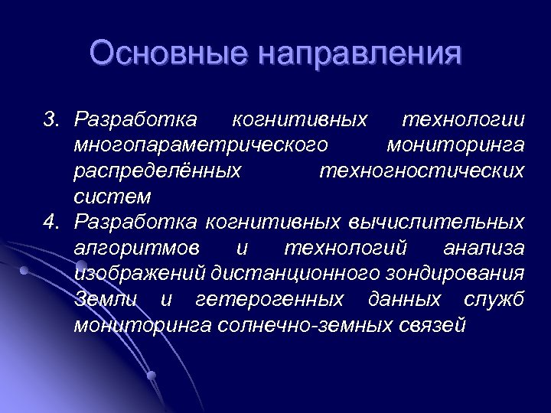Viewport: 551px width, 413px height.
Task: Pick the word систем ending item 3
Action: pos(112,197)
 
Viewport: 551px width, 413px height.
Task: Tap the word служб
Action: pos(497,299)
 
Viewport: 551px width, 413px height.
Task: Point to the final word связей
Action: pos(432,325)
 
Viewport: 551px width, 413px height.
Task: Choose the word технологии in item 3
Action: pos(463,120)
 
